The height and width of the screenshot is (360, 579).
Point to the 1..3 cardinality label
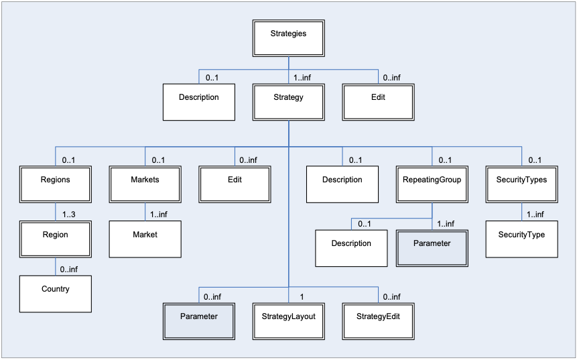tap(70, 215)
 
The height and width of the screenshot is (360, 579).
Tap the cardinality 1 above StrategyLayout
tap(302, 296)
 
